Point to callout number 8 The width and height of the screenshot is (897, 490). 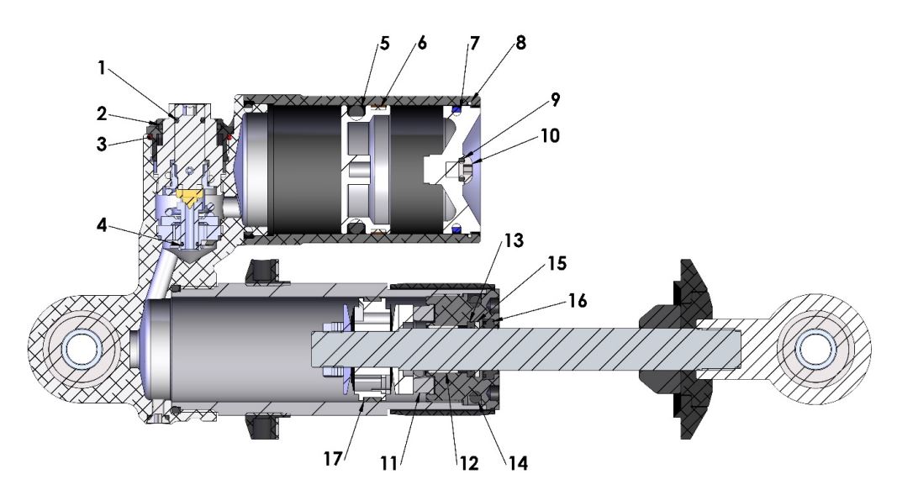pyautogui.click(x=521, y=43)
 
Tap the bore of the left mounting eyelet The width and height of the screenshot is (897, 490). pyautogui.click(x=78, y=349)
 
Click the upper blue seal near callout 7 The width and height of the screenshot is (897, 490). pyautogui.click(x=457, y=109)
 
